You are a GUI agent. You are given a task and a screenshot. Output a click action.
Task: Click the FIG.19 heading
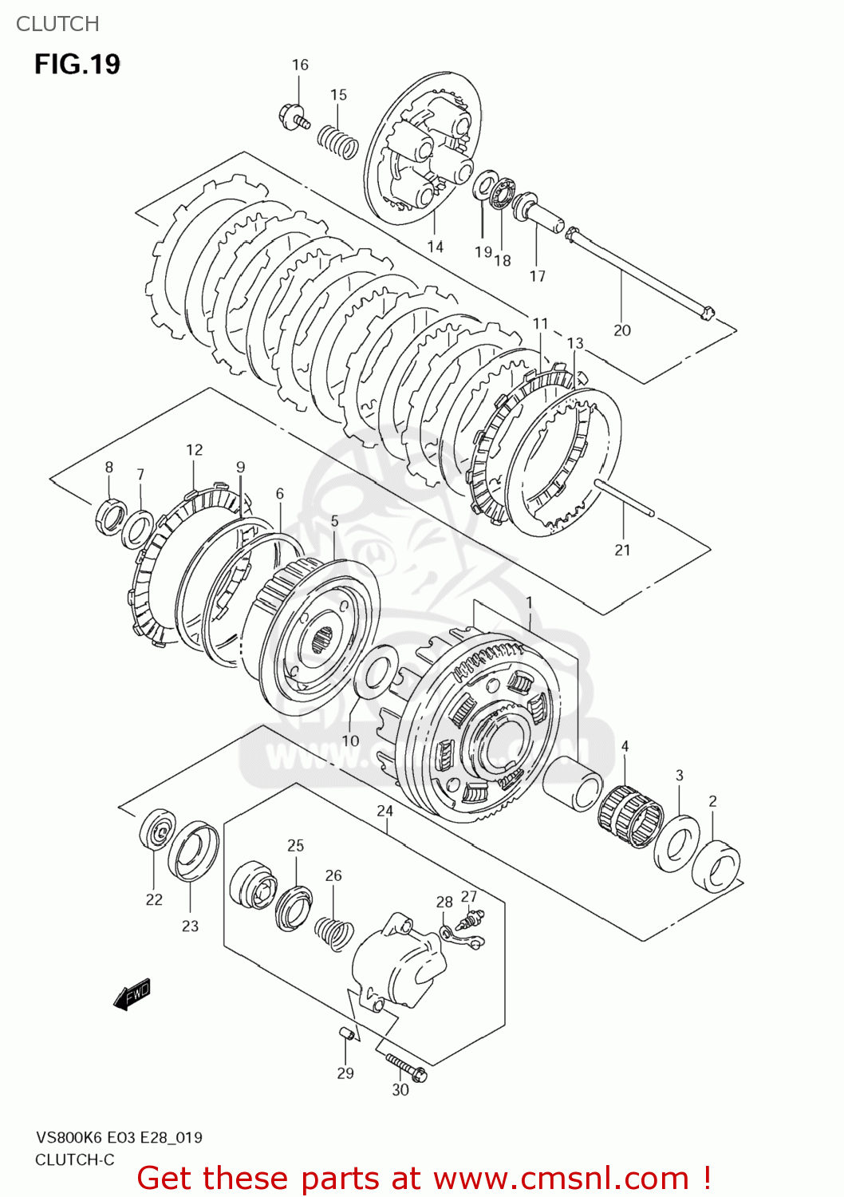77,64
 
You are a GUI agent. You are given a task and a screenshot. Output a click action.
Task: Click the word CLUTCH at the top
57,24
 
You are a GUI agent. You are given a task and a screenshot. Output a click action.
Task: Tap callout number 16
300,65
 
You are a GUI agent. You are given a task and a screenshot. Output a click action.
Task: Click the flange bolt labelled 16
294,117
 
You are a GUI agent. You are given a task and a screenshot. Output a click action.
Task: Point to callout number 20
622,330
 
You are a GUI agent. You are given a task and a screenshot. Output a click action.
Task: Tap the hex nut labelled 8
109,516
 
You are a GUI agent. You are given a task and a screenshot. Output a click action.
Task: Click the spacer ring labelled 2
716,863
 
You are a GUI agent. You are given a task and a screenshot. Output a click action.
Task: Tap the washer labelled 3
676,843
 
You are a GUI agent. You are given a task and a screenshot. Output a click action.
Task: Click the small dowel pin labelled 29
345,1034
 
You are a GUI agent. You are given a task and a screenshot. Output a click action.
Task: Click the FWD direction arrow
132,995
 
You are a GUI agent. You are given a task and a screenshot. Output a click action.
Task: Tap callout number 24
385,811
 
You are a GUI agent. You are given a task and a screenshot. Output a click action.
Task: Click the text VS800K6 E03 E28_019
118,1137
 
